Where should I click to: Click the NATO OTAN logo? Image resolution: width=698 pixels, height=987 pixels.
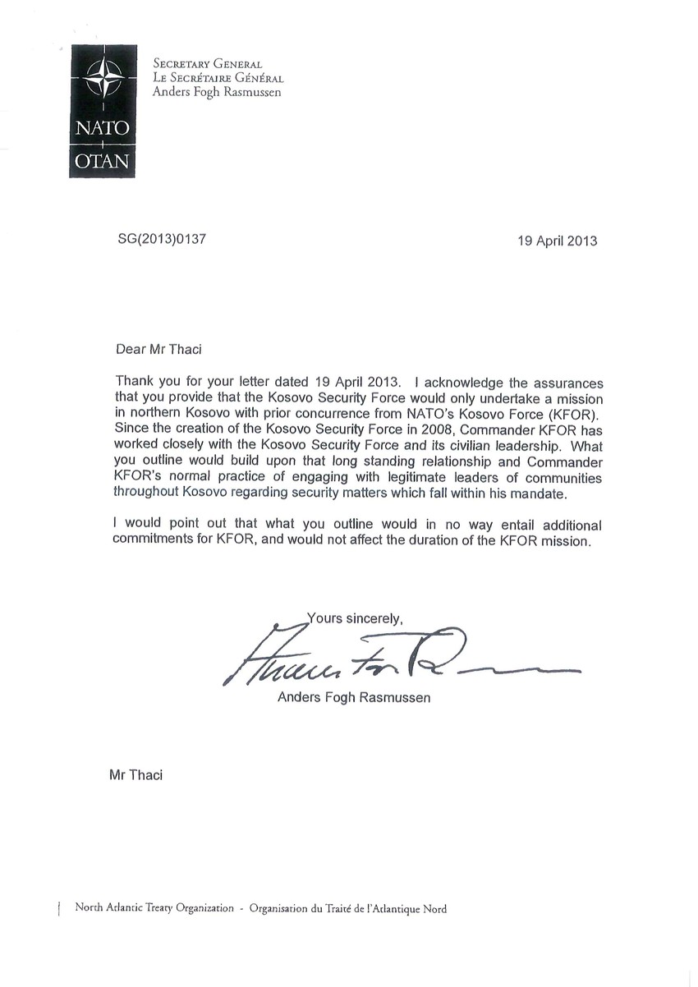coord(102,113)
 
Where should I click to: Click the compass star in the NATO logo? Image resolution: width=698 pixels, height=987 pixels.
coord(102,79)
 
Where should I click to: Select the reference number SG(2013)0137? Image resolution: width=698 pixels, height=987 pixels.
coord(161,240)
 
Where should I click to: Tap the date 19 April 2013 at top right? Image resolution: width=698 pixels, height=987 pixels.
coord(557,241)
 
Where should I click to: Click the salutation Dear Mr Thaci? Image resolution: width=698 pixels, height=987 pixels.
coord(158,348)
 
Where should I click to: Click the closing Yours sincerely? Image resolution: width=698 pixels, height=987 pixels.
coord(355,617)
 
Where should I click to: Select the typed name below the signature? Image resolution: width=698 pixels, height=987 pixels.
coord(354,698)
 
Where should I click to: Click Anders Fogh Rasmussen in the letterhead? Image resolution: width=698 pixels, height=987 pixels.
coord(217,92)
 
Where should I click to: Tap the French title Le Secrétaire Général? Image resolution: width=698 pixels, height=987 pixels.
coord(218,78)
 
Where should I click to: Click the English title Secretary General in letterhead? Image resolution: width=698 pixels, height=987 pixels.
coord(208,64)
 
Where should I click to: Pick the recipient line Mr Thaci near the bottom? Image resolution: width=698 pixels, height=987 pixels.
coord(135,774)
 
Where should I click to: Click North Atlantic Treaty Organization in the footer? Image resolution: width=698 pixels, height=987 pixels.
coord(154,908)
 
